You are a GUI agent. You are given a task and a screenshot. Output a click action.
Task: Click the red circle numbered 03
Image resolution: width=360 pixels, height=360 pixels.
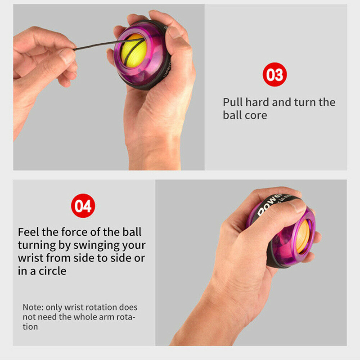click(274, 74)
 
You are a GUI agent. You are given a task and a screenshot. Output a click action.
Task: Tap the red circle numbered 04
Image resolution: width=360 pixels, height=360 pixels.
click(83, 206)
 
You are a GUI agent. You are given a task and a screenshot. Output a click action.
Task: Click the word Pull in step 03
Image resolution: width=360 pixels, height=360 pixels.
click(233, 103)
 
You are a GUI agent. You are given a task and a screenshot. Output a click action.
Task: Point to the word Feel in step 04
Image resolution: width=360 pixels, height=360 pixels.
click(28, 232)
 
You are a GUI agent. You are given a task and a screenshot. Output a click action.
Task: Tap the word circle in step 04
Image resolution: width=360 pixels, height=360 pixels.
click(52, 271)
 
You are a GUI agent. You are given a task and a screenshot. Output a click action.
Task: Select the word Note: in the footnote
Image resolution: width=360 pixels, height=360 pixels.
click(33, 307)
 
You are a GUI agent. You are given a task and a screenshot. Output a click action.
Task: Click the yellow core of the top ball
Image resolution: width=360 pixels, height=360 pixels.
click(134, 51)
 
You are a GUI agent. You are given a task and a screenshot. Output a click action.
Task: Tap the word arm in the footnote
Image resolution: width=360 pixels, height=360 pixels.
click(106, 317)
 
